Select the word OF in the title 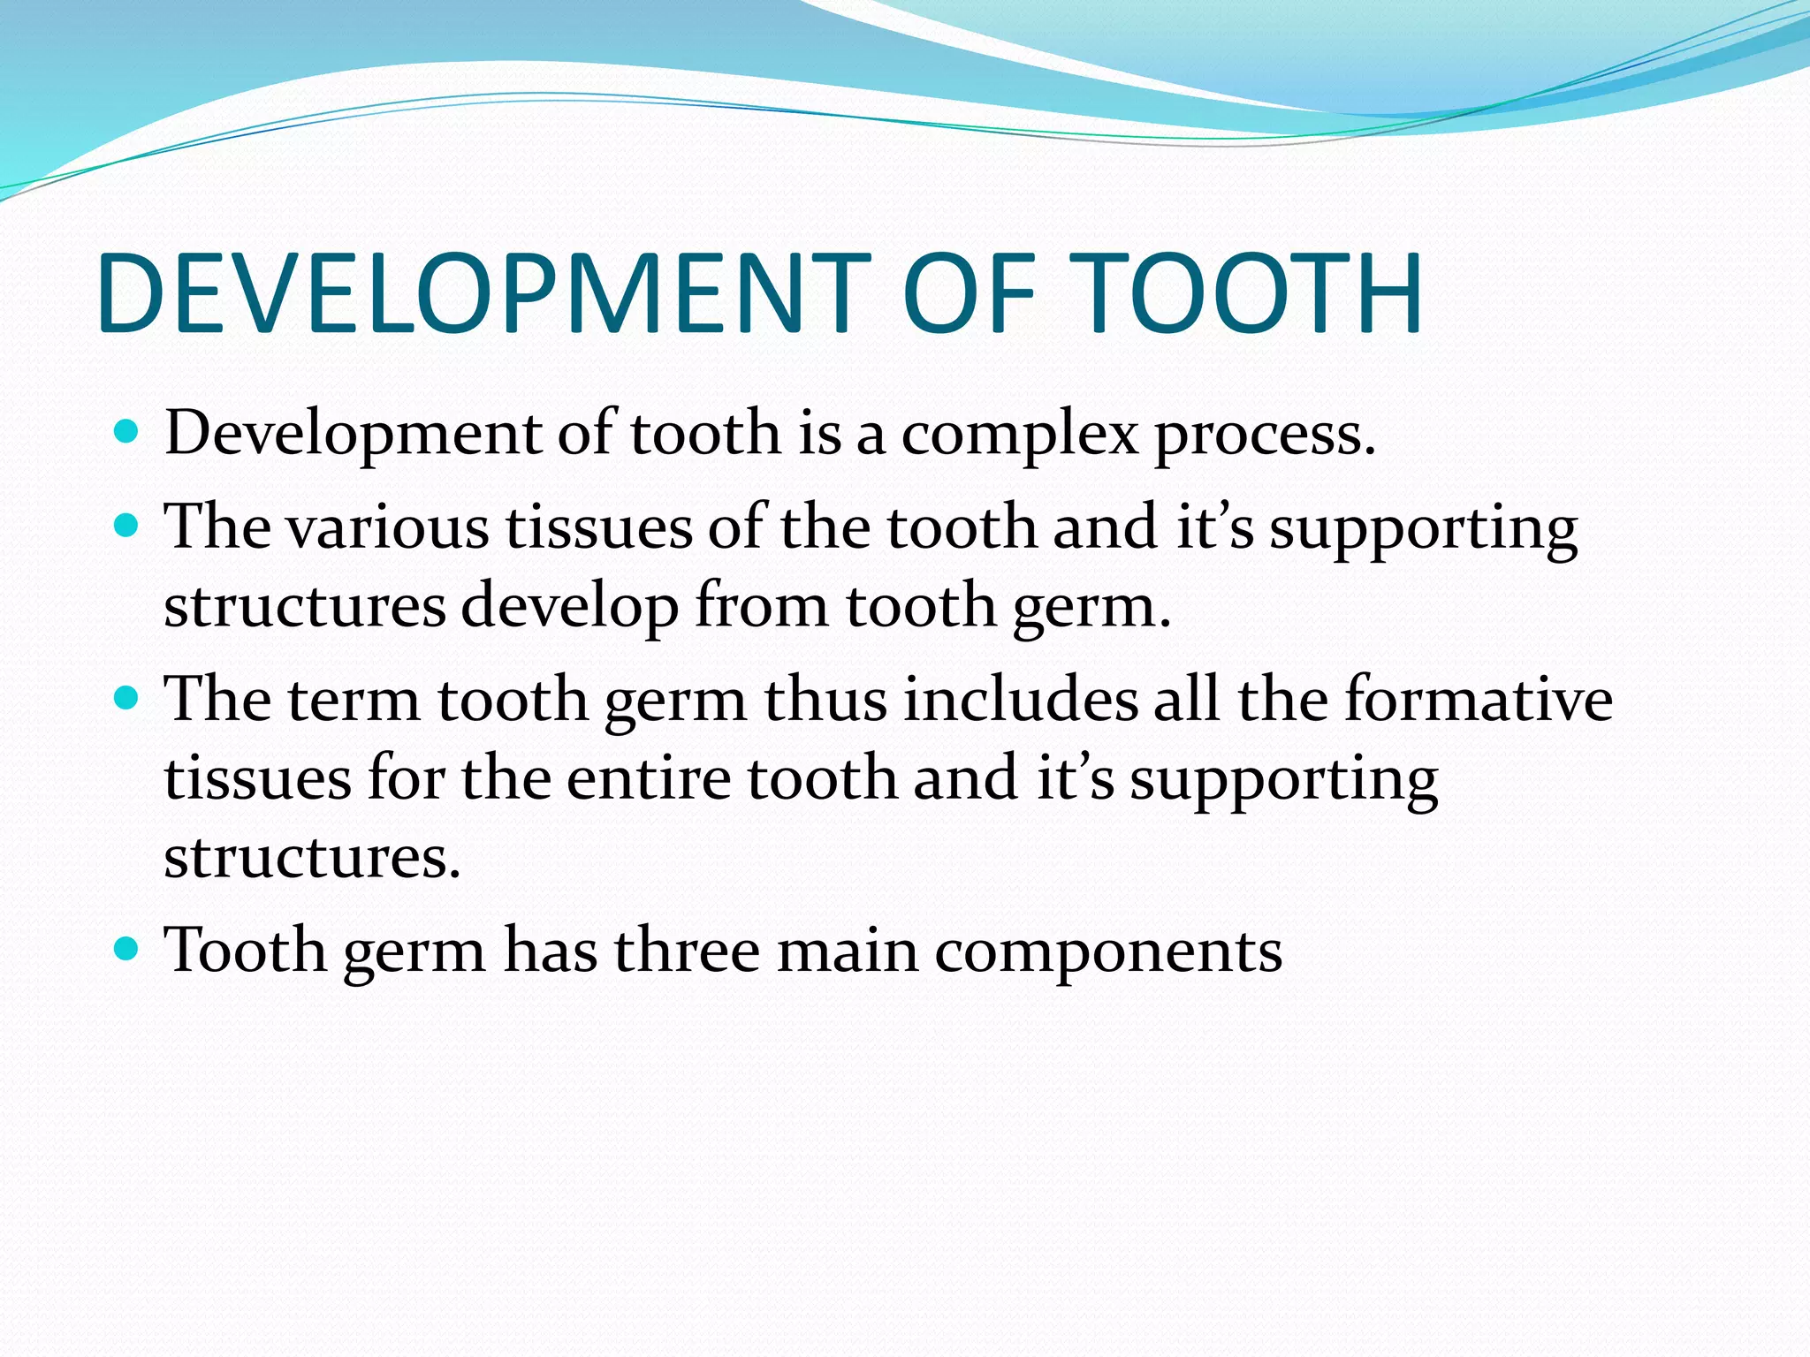(970, 293)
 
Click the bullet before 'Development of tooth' (127, 432)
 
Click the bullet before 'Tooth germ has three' (127, 950)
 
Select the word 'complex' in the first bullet (1020, 436)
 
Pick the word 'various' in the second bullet (389, 527)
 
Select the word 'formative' (1479, 700)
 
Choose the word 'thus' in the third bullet (825, 700)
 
